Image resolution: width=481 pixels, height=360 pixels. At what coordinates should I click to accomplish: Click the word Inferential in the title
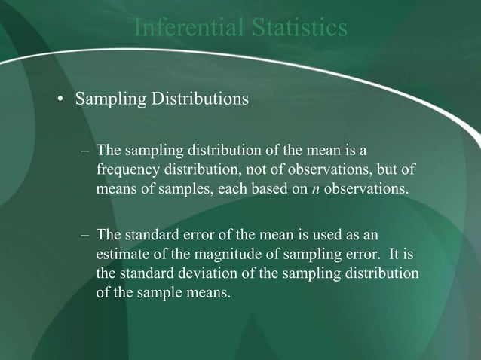coord(179,28)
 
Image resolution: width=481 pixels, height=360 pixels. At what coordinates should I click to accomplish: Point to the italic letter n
coord(314,188)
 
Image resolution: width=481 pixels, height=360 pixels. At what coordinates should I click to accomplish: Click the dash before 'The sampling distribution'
coord(84,151)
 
